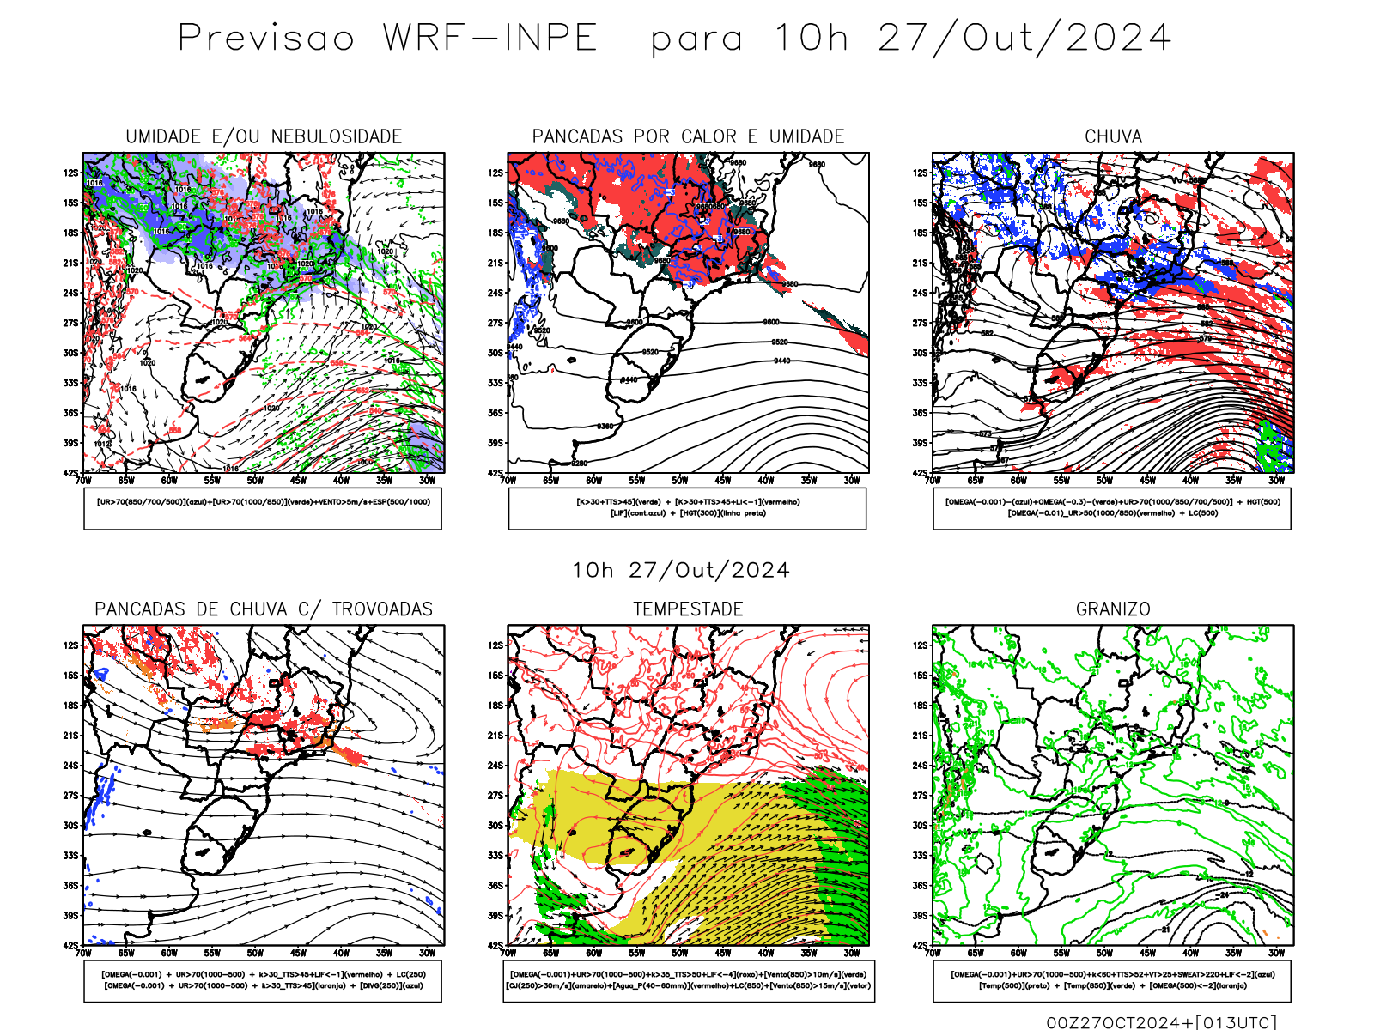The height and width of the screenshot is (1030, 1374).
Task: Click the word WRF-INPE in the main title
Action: tap(489, 39)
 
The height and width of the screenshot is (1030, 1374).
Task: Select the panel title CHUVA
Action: tap(1113, 136)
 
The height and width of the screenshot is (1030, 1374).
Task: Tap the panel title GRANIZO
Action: tap(1113, 609)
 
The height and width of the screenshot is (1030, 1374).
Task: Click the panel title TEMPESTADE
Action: tap(688, 609)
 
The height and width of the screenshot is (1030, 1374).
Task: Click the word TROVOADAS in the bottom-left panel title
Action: tap(382, 609)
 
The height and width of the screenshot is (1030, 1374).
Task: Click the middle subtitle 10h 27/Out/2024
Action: tap(681, 571)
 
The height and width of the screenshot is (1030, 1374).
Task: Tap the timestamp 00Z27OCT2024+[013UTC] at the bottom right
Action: tap(1161, 1022)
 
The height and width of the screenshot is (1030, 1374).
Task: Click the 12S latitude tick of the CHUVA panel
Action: tap(921, 173)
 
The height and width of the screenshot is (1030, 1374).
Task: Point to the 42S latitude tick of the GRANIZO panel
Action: tap(921, 946)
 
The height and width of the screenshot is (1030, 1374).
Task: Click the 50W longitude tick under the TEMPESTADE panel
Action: tap(680, 953)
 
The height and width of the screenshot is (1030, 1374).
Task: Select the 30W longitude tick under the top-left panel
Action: tap(427, 481)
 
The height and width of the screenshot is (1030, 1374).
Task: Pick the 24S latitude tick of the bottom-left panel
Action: tap(70, 766)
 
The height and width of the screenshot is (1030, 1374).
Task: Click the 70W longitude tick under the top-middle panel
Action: tap(508, 481)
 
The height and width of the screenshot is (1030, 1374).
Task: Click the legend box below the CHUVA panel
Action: tap(1112, 508)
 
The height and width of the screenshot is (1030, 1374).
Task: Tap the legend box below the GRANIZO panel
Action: tap(1112, 980)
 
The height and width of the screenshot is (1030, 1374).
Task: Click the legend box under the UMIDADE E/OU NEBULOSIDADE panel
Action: tap(263, 508)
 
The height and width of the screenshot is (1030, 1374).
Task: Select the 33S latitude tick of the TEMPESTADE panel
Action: tap(495, 856)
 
